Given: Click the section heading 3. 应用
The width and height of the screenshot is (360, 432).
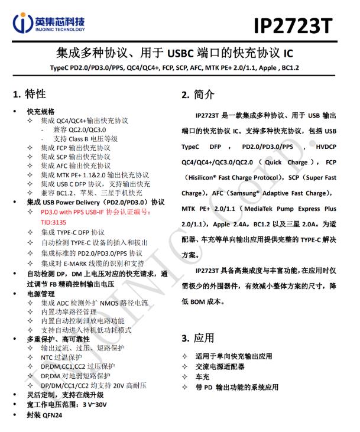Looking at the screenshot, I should [x=198, y=338].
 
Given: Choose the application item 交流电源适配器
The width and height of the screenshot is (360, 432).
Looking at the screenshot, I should [x=225, y=366].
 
